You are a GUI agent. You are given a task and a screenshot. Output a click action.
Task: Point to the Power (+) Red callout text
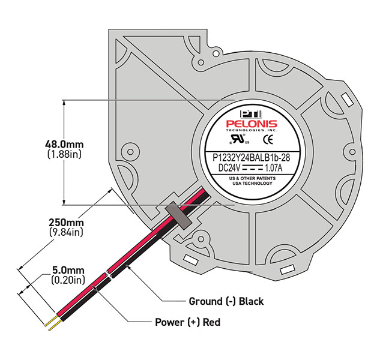(188, 322)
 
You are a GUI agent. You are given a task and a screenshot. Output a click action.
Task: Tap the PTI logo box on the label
(247, 113)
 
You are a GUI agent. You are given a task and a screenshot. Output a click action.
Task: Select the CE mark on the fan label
(270, 140)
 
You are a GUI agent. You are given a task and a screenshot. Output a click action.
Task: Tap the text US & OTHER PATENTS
(250, 178)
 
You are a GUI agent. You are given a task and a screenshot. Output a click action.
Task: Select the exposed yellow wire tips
(51, 323)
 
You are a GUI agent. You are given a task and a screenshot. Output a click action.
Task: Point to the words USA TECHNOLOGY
(251, 184)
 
